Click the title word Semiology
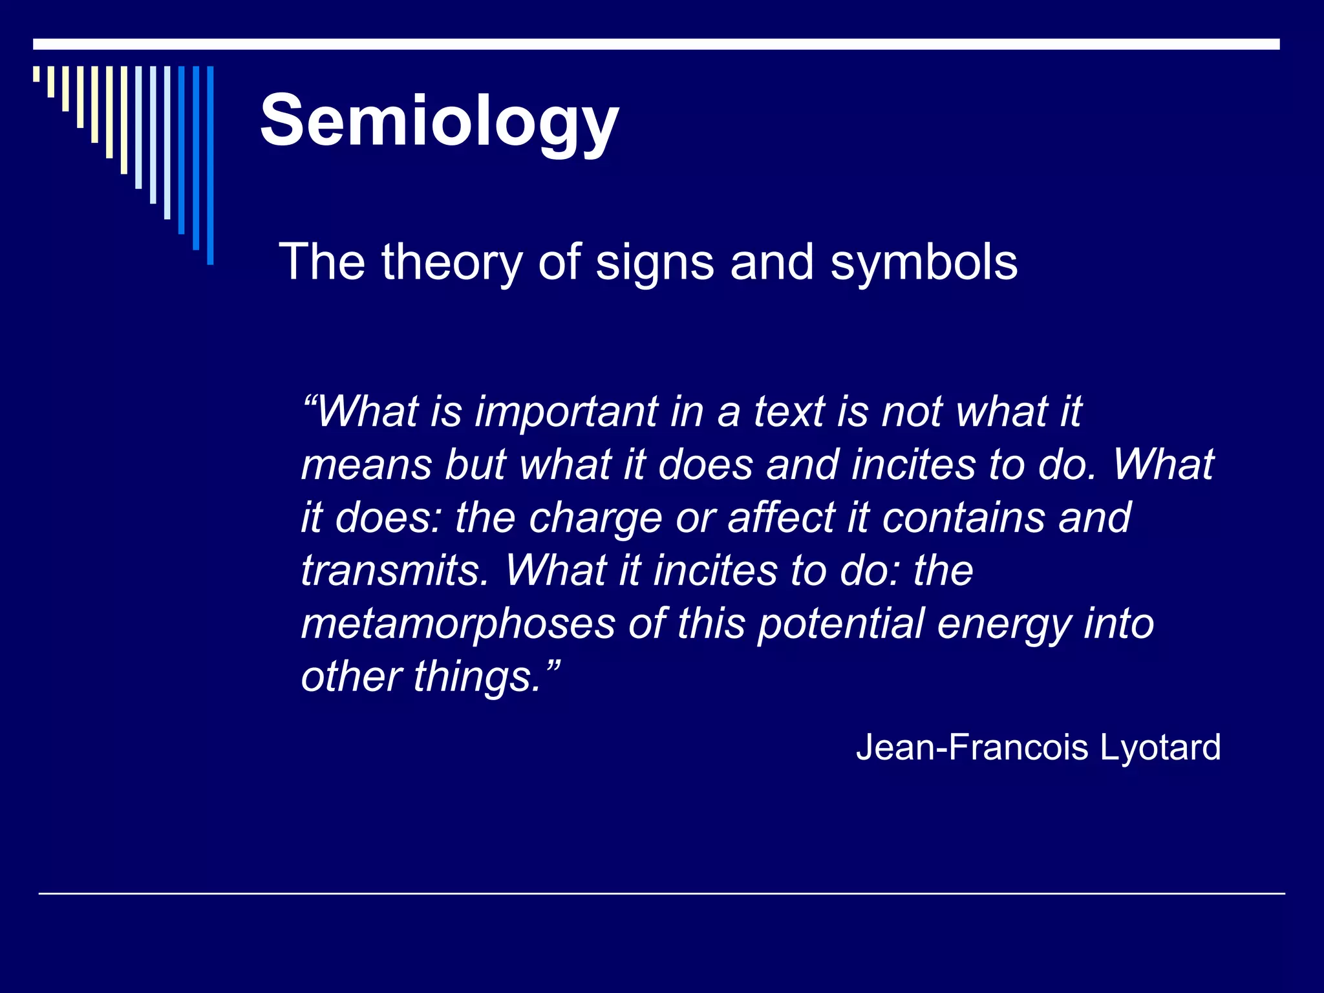tap(440, 122)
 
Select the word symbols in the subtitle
tap(924, 262)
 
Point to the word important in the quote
tap(566, 412)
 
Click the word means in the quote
tap(366, 465)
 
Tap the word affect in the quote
tap(782, 518)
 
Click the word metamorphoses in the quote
tap(458, 625)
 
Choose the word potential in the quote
tap(840, 625)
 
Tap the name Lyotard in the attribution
tap(1160, 748)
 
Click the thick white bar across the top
tap(656, 44)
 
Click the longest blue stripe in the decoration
tap(210, 165)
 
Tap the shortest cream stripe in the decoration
tap(37, 74)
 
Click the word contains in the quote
tap(963, 518)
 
